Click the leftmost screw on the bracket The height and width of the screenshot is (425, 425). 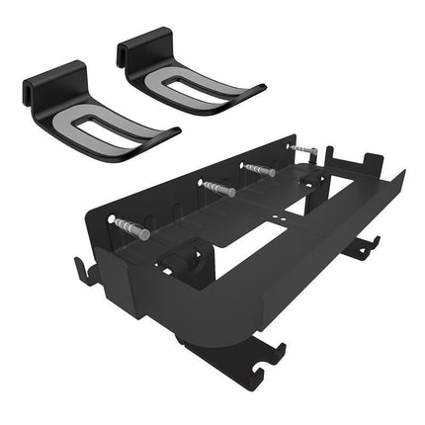click(x=131, y=228)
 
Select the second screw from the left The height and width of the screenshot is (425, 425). click(x=217, y=188)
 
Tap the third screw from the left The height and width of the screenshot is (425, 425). click(x=259, y=170)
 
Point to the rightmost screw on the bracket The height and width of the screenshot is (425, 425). click(x=303, y=151)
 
